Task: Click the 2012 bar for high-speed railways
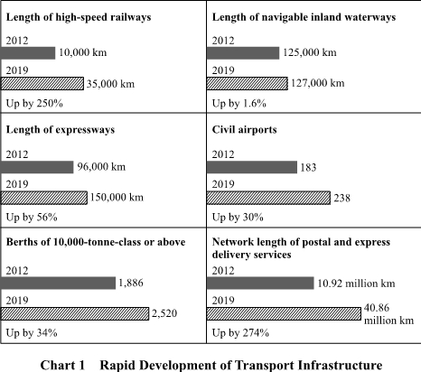(28, 53)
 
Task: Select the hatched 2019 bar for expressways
(44, 198)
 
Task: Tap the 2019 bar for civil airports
(268, 198)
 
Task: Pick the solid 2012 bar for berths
(58, 284)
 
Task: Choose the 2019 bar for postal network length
(284, 313)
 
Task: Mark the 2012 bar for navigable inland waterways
(243, 53)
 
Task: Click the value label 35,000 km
(110, 84)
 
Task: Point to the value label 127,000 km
(317, 83)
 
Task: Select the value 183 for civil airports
(308, 167)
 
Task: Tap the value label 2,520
(164, 313)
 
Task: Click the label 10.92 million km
(356, 284)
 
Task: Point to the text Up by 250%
(34, 104)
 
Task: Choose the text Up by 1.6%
(239, 104)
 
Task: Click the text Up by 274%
(240, 333)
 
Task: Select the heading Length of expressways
(61, 130)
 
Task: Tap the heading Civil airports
(244, 130)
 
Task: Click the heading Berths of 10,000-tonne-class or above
(96, 242)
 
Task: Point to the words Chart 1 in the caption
(62, 366)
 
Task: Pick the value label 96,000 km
(101, 167)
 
